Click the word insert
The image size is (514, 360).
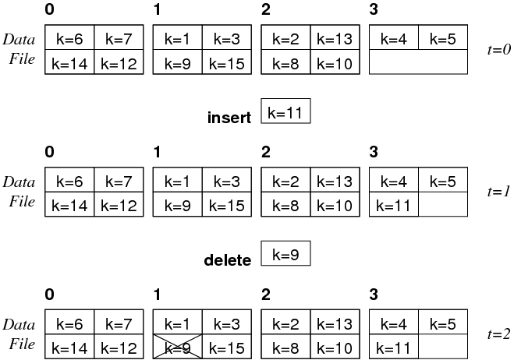coord(229,118)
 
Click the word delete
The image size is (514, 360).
coord(227,260)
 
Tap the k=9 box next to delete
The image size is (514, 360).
coord(286,255)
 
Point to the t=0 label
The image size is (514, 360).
coord(497,49)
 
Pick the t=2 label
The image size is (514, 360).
coord(497,334)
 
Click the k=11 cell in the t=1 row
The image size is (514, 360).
coord(393,206)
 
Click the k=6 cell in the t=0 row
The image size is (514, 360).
coord(70,37)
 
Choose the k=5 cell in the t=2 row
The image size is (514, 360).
coord(443,323)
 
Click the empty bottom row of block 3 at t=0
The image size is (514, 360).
coord(418,64)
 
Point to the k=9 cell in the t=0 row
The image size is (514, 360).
coord(179,64)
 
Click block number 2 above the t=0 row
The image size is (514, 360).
coord(265,10)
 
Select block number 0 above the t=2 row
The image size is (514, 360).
coord(50,295)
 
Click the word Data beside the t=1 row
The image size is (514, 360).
coord(19,182)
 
